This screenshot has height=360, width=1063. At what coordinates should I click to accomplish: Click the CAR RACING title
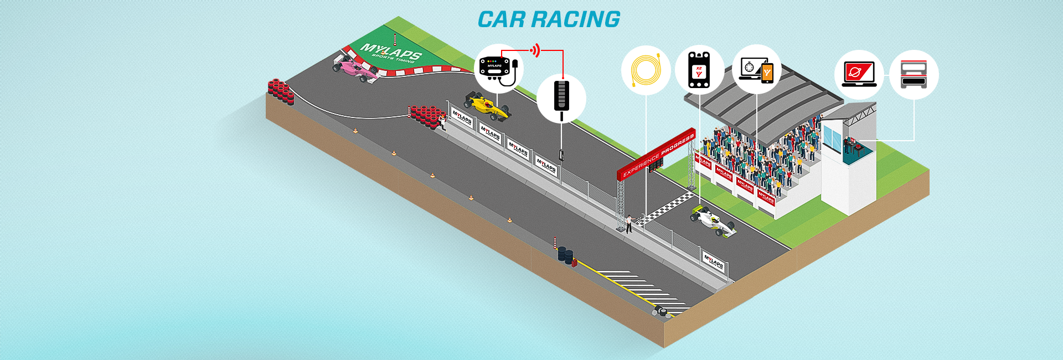click(x=549, y=19)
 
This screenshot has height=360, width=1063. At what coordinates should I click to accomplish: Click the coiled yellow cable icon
click(x=646, y=70)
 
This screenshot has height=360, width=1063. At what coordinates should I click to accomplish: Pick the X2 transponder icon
click(x=699, y=70)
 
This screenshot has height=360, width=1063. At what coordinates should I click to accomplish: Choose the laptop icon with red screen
click(x=858, y=74)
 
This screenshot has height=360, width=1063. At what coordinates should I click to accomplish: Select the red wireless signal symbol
click(x=535, y=50)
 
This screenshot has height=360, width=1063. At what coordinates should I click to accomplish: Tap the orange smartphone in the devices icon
click(x=767, y=73)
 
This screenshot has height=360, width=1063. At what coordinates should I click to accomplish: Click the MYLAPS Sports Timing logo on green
click(x=391, y=53)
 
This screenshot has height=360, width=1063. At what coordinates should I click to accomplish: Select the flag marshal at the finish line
click(x=629, y=223)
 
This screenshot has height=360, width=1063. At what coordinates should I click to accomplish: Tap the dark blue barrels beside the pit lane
click(x=565, y=254)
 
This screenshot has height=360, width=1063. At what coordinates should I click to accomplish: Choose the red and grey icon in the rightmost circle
click(x=914, y=75)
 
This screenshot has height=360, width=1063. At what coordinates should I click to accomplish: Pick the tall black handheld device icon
click(x=561, y=96)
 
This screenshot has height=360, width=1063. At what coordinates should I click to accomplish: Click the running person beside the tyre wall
click(x=442, y=121)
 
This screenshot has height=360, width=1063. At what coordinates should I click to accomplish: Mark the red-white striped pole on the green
click(x=395, y=39)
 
